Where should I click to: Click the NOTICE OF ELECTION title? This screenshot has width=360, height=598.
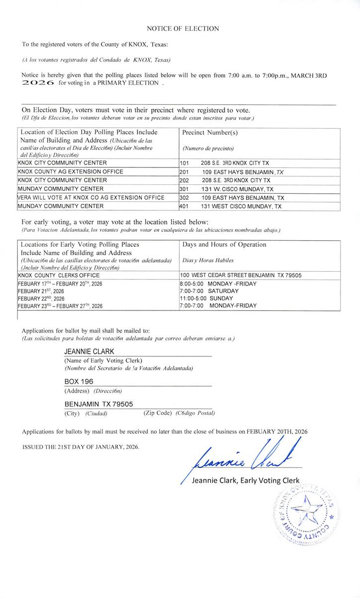(183, 29)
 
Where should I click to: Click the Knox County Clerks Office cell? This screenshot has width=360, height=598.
(56, 275)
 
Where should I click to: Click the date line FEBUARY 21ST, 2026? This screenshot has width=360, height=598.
(41, 291)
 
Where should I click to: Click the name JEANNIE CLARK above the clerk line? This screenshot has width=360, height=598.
(89, 351)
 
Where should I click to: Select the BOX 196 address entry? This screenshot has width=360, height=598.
(79, 381)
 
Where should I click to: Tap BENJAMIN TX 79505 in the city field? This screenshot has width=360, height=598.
(99, 404)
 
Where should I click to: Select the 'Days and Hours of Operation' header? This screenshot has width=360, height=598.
(224, 245)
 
